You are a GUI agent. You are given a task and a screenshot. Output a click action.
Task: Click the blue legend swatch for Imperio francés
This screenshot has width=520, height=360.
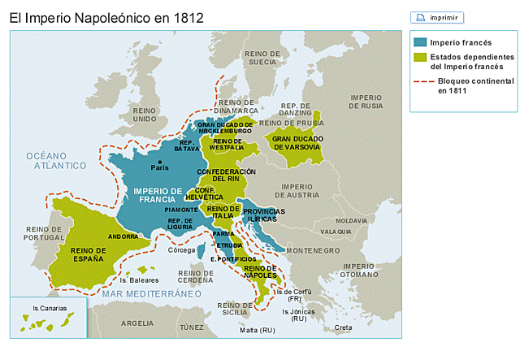pyautogui.click(x=419, y=42)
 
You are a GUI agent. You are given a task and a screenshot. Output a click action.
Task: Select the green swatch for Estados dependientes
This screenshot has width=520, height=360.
pyautogui.click(x=419, y=58)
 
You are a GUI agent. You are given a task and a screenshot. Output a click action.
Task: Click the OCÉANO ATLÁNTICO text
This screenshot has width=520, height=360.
pyautogui.click(x=55, y=160)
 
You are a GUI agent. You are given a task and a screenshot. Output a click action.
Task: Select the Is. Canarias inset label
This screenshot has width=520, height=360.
pyautogui.click(x=48, y=309)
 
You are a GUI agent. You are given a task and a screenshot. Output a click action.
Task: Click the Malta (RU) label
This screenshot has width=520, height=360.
pyautogui.click(x=258, y=331)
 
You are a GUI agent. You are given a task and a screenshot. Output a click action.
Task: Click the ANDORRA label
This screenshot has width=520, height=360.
pyautogui.click(x=123, y=236)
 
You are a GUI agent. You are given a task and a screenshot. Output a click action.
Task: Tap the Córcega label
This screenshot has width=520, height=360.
pyautogui.click(x=181, y=250)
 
